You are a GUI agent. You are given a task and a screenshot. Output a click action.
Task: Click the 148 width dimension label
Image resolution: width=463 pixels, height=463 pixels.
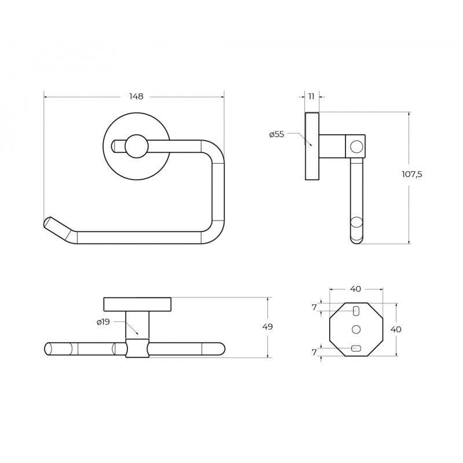(136, 96)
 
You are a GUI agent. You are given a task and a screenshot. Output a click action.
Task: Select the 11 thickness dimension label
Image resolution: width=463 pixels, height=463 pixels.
(311, 96)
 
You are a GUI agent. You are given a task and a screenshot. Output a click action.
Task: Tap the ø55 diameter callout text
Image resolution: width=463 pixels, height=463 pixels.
(277, 134)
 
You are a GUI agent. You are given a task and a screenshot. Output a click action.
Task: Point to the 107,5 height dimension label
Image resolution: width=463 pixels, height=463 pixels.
(412, 174)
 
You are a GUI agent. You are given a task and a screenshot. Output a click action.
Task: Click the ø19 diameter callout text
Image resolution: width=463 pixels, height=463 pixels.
(103, 322)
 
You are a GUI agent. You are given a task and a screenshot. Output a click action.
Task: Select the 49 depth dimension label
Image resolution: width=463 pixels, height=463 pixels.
(267, 326)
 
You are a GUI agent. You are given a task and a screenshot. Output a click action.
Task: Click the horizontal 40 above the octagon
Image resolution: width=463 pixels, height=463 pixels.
(355, 289)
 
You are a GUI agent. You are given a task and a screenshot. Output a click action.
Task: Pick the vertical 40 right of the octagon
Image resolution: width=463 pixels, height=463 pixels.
(396, 329)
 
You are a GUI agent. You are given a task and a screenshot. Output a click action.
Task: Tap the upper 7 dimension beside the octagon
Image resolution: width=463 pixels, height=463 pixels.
(314, 308)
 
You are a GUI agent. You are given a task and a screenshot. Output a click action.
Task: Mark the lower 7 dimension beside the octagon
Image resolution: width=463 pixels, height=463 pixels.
(314, 352)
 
